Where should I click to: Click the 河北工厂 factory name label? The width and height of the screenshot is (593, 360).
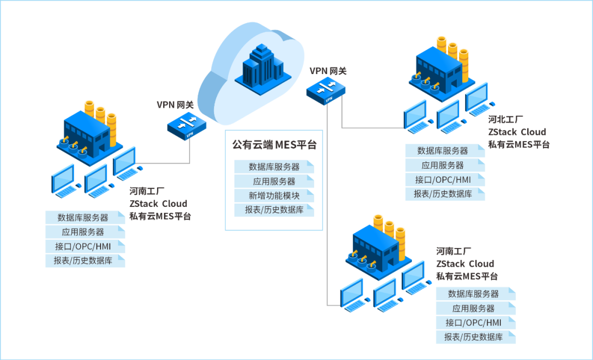[x=505, y=119]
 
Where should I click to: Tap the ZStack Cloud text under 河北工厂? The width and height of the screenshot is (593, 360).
[x=517, y=132]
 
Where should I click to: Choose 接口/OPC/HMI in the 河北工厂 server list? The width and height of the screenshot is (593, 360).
[x=445, y=179]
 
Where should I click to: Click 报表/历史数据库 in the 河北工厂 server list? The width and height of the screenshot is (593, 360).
[x=445, y=194]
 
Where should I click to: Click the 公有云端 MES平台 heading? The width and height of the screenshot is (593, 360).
[x=274, y=145]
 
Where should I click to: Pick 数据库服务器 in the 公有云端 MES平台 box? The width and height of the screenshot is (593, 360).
[x=274, y=167]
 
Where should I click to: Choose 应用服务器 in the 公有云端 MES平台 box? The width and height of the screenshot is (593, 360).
[x=274, y=181]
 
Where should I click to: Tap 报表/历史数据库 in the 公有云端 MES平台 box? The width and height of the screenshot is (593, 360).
[x=274, y=210]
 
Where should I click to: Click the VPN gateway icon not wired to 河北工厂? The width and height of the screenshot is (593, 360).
[x=187, y=125]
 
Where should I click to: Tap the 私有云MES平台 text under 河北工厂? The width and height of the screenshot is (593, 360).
[x=518, y=145]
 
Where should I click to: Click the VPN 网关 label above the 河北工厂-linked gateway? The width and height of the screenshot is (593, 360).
[x=328, y=71]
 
